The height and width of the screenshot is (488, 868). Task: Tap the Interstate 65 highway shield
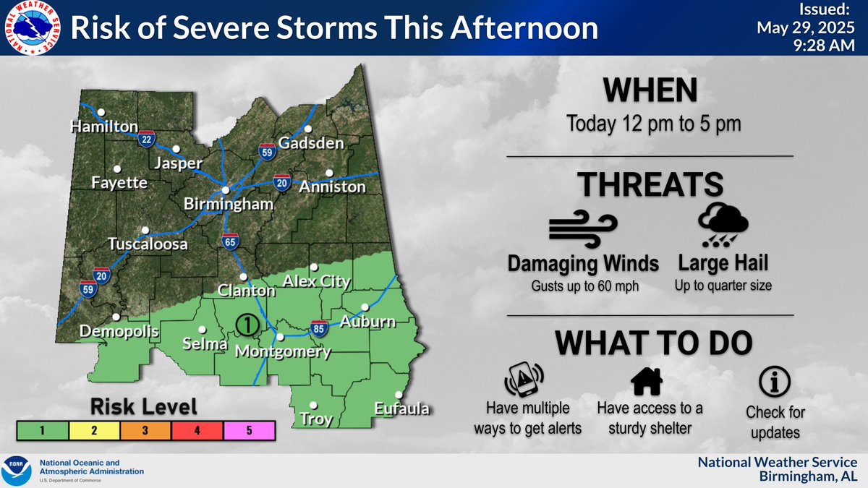(x=230, y=242)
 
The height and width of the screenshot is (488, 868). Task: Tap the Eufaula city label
(x=401, y=410)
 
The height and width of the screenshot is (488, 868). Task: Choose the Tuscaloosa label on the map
(x=148, y=244)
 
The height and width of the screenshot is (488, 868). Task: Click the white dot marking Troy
(x=313, y=405)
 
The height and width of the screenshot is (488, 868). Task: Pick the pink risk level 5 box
(x=250, y=431)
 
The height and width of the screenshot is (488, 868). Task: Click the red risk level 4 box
(x=197, y=431)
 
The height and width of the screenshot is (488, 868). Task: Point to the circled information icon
(x=775, y=380)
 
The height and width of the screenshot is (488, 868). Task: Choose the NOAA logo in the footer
(x=17, y=471)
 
